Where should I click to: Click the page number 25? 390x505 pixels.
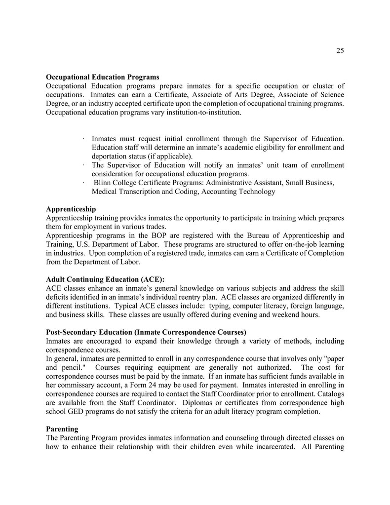[340, 50]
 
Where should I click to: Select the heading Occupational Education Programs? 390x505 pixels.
[102, 77]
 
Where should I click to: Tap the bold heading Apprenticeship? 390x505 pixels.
[71, 209]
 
